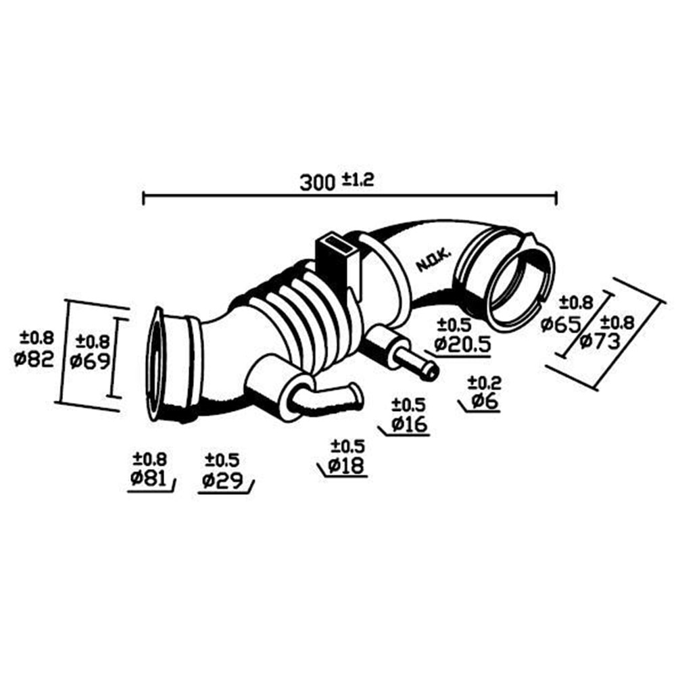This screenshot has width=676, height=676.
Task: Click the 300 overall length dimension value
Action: (317, 183)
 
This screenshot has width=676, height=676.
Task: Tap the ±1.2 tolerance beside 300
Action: (358, 179)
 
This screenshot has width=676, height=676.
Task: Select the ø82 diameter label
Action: (34, 358)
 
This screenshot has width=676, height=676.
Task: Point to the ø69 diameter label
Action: (90, 361)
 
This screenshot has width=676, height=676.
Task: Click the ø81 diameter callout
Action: (148, 479)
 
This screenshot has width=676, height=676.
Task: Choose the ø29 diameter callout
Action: (222, 480)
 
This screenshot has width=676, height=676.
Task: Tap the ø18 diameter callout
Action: (346, 466)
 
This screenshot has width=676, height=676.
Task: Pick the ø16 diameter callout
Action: (410, 425)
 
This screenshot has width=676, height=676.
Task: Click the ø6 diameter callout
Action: (485, 402)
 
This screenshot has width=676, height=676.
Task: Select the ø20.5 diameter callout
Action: (462, 345)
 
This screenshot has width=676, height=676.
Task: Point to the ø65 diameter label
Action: (561, 324)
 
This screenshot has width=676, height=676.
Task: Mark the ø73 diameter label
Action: (600, 342)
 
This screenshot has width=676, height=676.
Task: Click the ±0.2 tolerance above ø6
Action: (485, 383)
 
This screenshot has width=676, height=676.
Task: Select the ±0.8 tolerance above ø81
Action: (149, 459)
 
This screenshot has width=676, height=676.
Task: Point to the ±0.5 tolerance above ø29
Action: (222, 460)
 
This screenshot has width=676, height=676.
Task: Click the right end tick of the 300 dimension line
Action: (556, 198)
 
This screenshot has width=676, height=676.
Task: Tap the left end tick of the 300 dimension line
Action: (143, 198)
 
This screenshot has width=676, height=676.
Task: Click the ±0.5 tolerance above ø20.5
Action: (454, 325)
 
